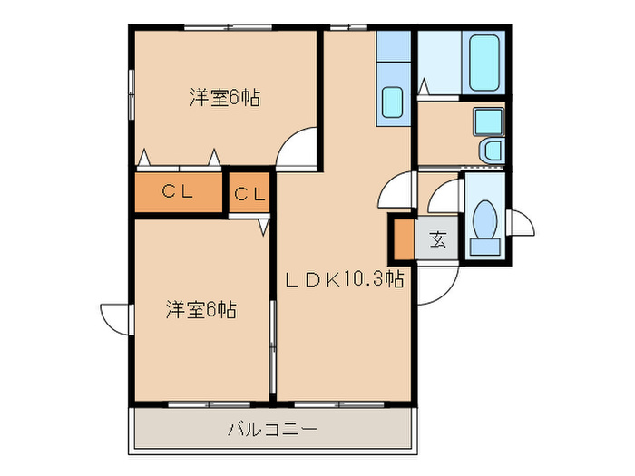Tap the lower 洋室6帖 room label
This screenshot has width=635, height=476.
[x=200, y=309]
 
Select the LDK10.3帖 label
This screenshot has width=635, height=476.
[x=345, y=280]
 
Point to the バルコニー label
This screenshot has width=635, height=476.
[x=272, y=428]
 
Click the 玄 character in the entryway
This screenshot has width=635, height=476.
[x=438, y=239]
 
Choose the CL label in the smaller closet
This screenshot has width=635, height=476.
[x=249, y=194]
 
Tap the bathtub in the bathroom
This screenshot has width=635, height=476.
[x=485, y=62]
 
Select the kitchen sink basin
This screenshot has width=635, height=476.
[x=393, y=102]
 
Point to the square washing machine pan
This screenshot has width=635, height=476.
[x=487, y=121]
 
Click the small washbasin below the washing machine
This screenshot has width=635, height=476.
[x=490, y=151]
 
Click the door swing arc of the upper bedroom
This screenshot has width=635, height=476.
[x=298, y=151]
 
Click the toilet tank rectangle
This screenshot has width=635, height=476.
[x=485, y=245]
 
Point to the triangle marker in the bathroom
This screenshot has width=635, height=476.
[x=424, y=86]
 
